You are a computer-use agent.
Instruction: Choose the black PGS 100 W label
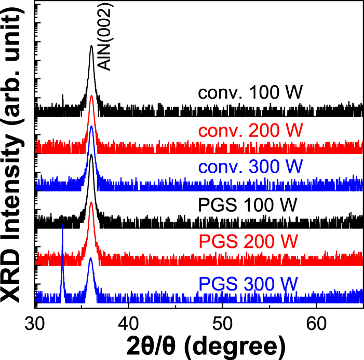point(247,204)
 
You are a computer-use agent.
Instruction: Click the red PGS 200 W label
point(247,241)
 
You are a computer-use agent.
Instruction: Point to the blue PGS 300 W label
point(247,284)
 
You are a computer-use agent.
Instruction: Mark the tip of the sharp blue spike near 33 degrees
point(63,225)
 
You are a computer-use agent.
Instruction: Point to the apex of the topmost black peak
point(91,46)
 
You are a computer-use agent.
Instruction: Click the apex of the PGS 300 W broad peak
point(91,258)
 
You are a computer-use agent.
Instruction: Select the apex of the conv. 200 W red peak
point(92,96)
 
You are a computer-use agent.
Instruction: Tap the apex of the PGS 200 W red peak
point(91,202)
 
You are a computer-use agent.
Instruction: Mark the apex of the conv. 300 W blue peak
point(91,126)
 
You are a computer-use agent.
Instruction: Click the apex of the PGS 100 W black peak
point(91,155)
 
